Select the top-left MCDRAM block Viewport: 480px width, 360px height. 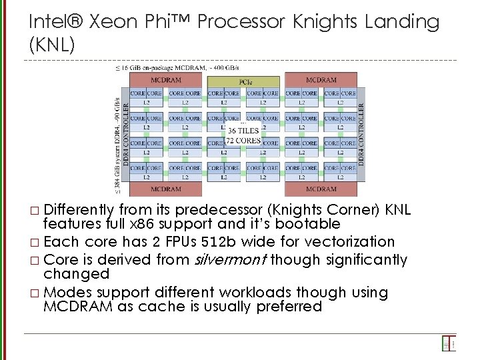coord(167,80)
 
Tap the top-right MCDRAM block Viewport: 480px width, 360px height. coord(321,80)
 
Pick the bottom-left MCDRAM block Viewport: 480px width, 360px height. coord(167,189)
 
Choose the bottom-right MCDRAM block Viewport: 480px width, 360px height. coord(321,189)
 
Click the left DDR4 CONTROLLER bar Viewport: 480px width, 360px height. coord(126,133)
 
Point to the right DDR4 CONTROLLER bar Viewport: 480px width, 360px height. coord(362,133)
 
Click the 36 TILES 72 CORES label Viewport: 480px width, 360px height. coord(243,135)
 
